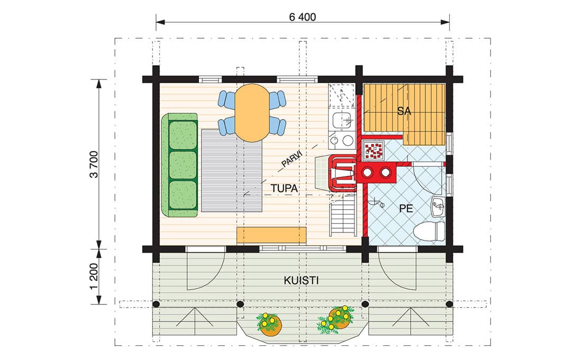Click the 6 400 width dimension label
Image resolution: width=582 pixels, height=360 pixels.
[302, 17]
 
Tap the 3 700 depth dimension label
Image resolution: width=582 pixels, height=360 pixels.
[94, 164]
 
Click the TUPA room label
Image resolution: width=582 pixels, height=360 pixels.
[284, 188]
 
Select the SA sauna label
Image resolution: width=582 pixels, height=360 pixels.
[404, 111]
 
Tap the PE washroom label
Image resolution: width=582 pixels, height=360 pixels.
[406, 209]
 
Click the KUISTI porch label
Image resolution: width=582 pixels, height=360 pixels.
[301, 281]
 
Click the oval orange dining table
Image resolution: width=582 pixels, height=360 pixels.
[252, 113]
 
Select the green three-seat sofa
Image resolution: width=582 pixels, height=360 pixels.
[180, 165]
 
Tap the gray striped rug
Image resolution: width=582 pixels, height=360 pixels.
[232, 170]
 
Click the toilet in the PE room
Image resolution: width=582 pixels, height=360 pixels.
[430, 231]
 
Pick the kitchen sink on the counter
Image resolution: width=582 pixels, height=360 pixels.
[342, 120]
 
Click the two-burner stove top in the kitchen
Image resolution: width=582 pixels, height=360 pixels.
[342, 140]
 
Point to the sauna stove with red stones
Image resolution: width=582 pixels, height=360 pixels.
[374, 151]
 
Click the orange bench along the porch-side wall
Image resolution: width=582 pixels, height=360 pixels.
[272, 236]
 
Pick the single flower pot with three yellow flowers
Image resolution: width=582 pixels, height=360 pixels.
[269, 324]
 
